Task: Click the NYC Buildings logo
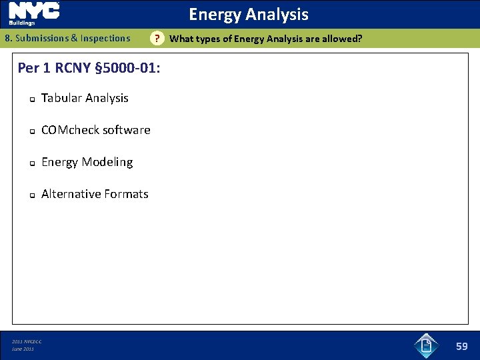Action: pos(34,13)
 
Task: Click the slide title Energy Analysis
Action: pos(248,14)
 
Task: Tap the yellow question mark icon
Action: pos(157,38)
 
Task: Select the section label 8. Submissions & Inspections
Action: pos(67,38)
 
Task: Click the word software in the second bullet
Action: pos(127,130)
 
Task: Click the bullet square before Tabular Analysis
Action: pos(31,99)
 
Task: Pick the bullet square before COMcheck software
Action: pos(31,131)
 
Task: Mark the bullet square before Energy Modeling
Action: pos(31,163)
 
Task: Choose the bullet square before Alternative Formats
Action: pos(31,195)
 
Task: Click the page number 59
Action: pos(462,346)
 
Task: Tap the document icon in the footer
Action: pos(425,345)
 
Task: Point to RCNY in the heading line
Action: pos(73,68)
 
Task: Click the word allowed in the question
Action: pos(341,39)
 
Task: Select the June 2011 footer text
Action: pos(23,349)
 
